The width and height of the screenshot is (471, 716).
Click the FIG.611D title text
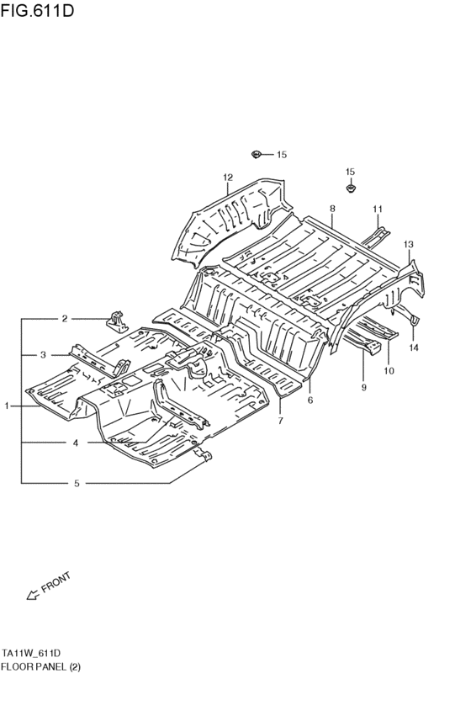[x=37, y=10]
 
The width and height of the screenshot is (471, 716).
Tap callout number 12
[x=228, y=178]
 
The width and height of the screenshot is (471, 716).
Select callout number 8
[x=332, y=209]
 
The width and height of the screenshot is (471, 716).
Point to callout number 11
[x=377, y=209]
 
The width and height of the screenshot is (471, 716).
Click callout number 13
[x=408, y=244]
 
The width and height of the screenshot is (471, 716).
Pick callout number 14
[x=414, y=348]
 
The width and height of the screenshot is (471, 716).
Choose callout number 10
[x=389, y=371]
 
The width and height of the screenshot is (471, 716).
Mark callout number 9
[x=363, y=388]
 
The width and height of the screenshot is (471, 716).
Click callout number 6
[x=310, y=400]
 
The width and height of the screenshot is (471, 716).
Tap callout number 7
[x=280, y=421]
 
